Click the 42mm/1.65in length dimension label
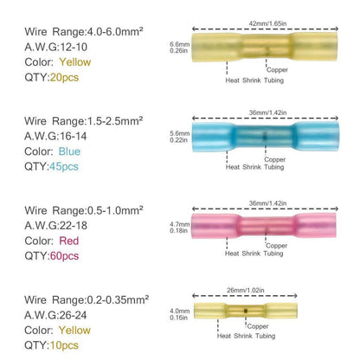pos(267,23)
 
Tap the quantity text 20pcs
pos(64,77)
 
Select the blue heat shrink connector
pos(266,137)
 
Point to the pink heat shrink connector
pos(264,225)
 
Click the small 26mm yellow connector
pos(246,311)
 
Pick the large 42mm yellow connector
pos(265,47)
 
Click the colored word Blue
pos(69,151)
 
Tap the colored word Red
pos(69,241)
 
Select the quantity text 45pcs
pos(64,166)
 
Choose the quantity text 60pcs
pos(64,256)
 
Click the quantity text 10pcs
pos(64,345)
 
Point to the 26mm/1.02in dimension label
pos(246,290)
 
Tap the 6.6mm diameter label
pos(180,44)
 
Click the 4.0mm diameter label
pos(180,311)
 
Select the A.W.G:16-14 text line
pos(55,136)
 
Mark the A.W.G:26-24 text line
pos(55,315)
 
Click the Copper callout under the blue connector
pos(275,159)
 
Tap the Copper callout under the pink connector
pos(276,246)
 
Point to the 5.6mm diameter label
pos(180,133)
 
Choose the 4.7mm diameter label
pos(180,224)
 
